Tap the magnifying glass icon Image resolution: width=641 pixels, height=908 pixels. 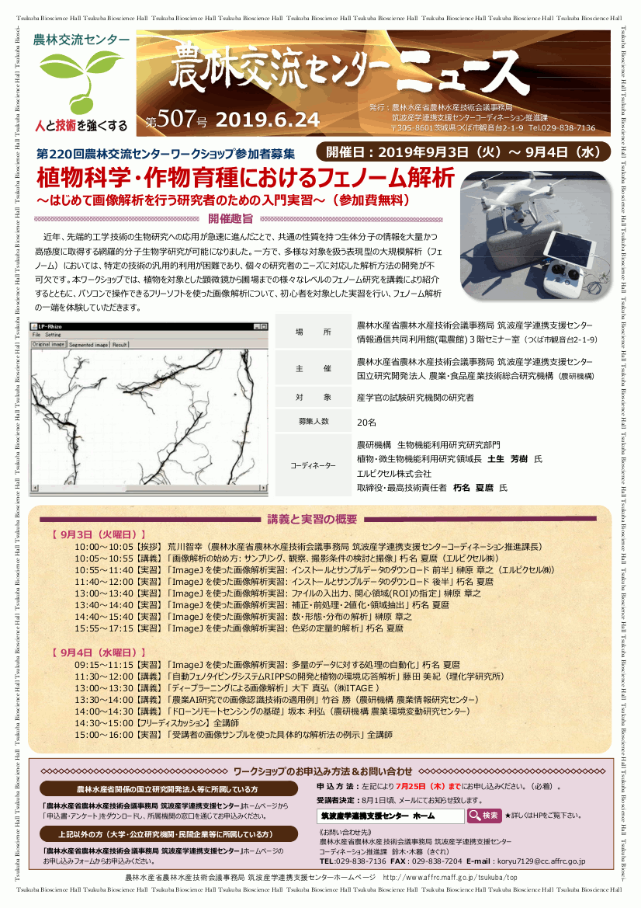473,816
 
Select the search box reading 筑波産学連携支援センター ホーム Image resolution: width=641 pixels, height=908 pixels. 390,816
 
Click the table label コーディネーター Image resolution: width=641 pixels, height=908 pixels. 314,465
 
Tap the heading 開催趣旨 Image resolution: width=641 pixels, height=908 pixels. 230,218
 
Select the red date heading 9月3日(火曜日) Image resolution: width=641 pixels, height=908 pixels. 98,534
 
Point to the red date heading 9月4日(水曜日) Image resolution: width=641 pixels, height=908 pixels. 98,652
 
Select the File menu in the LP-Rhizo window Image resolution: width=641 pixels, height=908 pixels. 36,335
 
